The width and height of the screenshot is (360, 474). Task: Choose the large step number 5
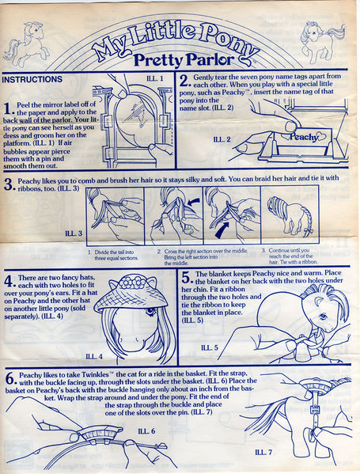pyautogui.click(x=184, y=278)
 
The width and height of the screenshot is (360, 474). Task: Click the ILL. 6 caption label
pyautogui.click(x=146, y=430)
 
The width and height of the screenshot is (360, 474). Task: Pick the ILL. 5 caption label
pyautogui.click(x=210, y=347)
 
